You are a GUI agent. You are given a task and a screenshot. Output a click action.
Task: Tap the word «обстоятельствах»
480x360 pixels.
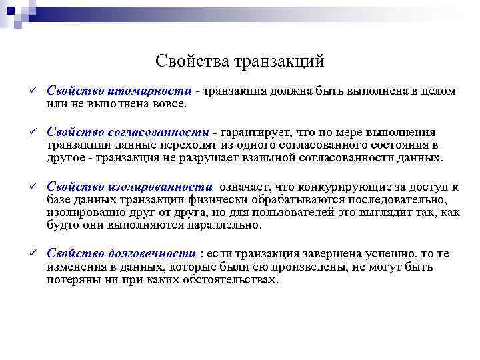227,279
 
